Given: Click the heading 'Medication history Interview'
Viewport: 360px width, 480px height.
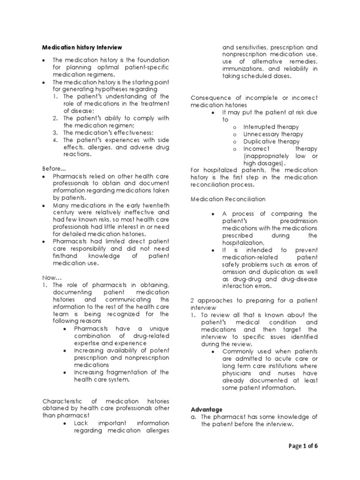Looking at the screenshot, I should (x=82, y=47).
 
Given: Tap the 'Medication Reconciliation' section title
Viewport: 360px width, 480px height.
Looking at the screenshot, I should (x=228, y=199).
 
